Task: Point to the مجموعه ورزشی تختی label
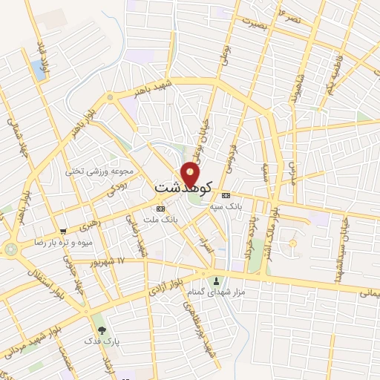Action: click(x=100, y=171)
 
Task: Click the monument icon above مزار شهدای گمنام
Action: click(x=217, y=281)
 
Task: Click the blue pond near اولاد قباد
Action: click(x=39, y=71)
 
